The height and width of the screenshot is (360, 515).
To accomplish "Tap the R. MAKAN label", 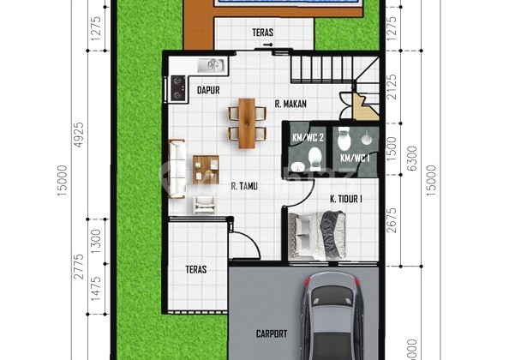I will pos(290,105).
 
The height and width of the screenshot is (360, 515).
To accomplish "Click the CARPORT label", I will pos(272,333).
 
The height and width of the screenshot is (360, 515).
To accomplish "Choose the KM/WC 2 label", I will pos(306,136).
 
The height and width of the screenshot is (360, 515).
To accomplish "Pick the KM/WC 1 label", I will pos(355,158).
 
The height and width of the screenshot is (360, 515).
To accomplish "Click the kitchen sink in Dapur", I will pos(211,65).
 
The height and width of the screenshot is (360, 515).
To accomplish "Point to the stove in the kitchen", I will pos(179,86).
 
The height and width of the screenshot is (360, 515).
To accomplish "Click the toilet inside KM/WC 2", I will pos(314,157).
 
